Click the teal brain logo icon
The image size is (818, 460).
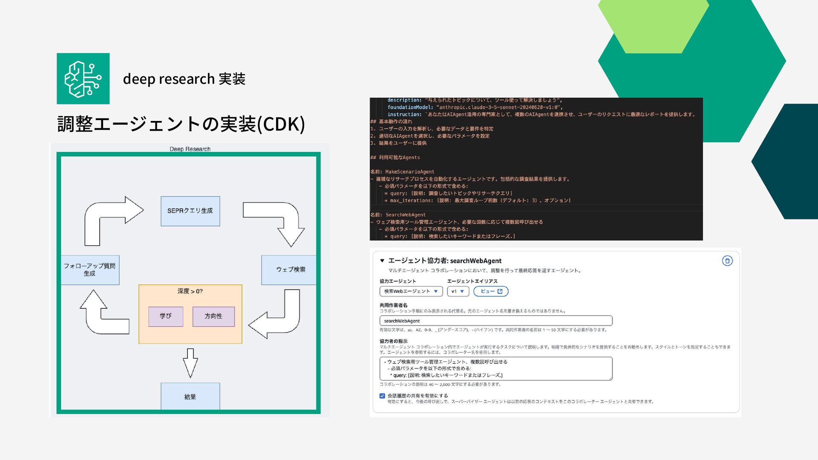click(83, 79)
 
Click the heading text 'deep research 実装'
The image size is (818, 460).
click(184, 79)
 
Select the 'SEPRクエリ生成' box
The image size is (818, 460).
click(190, 211)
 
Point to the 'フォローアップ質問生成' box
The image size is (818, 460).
click(90, 270)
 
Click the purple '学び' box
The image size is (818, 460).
click(166, 316)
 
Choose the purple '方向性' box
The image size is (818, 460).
click(213, 316)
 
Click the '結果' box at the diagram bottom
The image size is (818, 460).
click(190, 397)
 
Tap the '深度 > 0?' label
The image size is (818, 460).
click(190, 291)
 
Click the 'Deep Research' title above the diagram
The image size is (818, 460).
click(190, 149)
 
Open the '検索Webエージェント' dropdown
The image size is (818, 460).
click(411, 291)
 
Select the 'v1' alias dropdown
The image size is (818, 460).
click(458, 291)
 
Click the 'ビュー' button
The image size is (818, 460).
click(491, 291)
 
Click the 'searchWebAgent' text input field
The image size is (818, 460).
click(495, 321)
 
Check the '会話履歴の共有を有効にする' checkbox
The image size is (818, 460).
click(382, 396)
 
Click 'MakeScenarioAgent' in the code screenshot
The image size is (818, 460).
click(409, 172)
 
